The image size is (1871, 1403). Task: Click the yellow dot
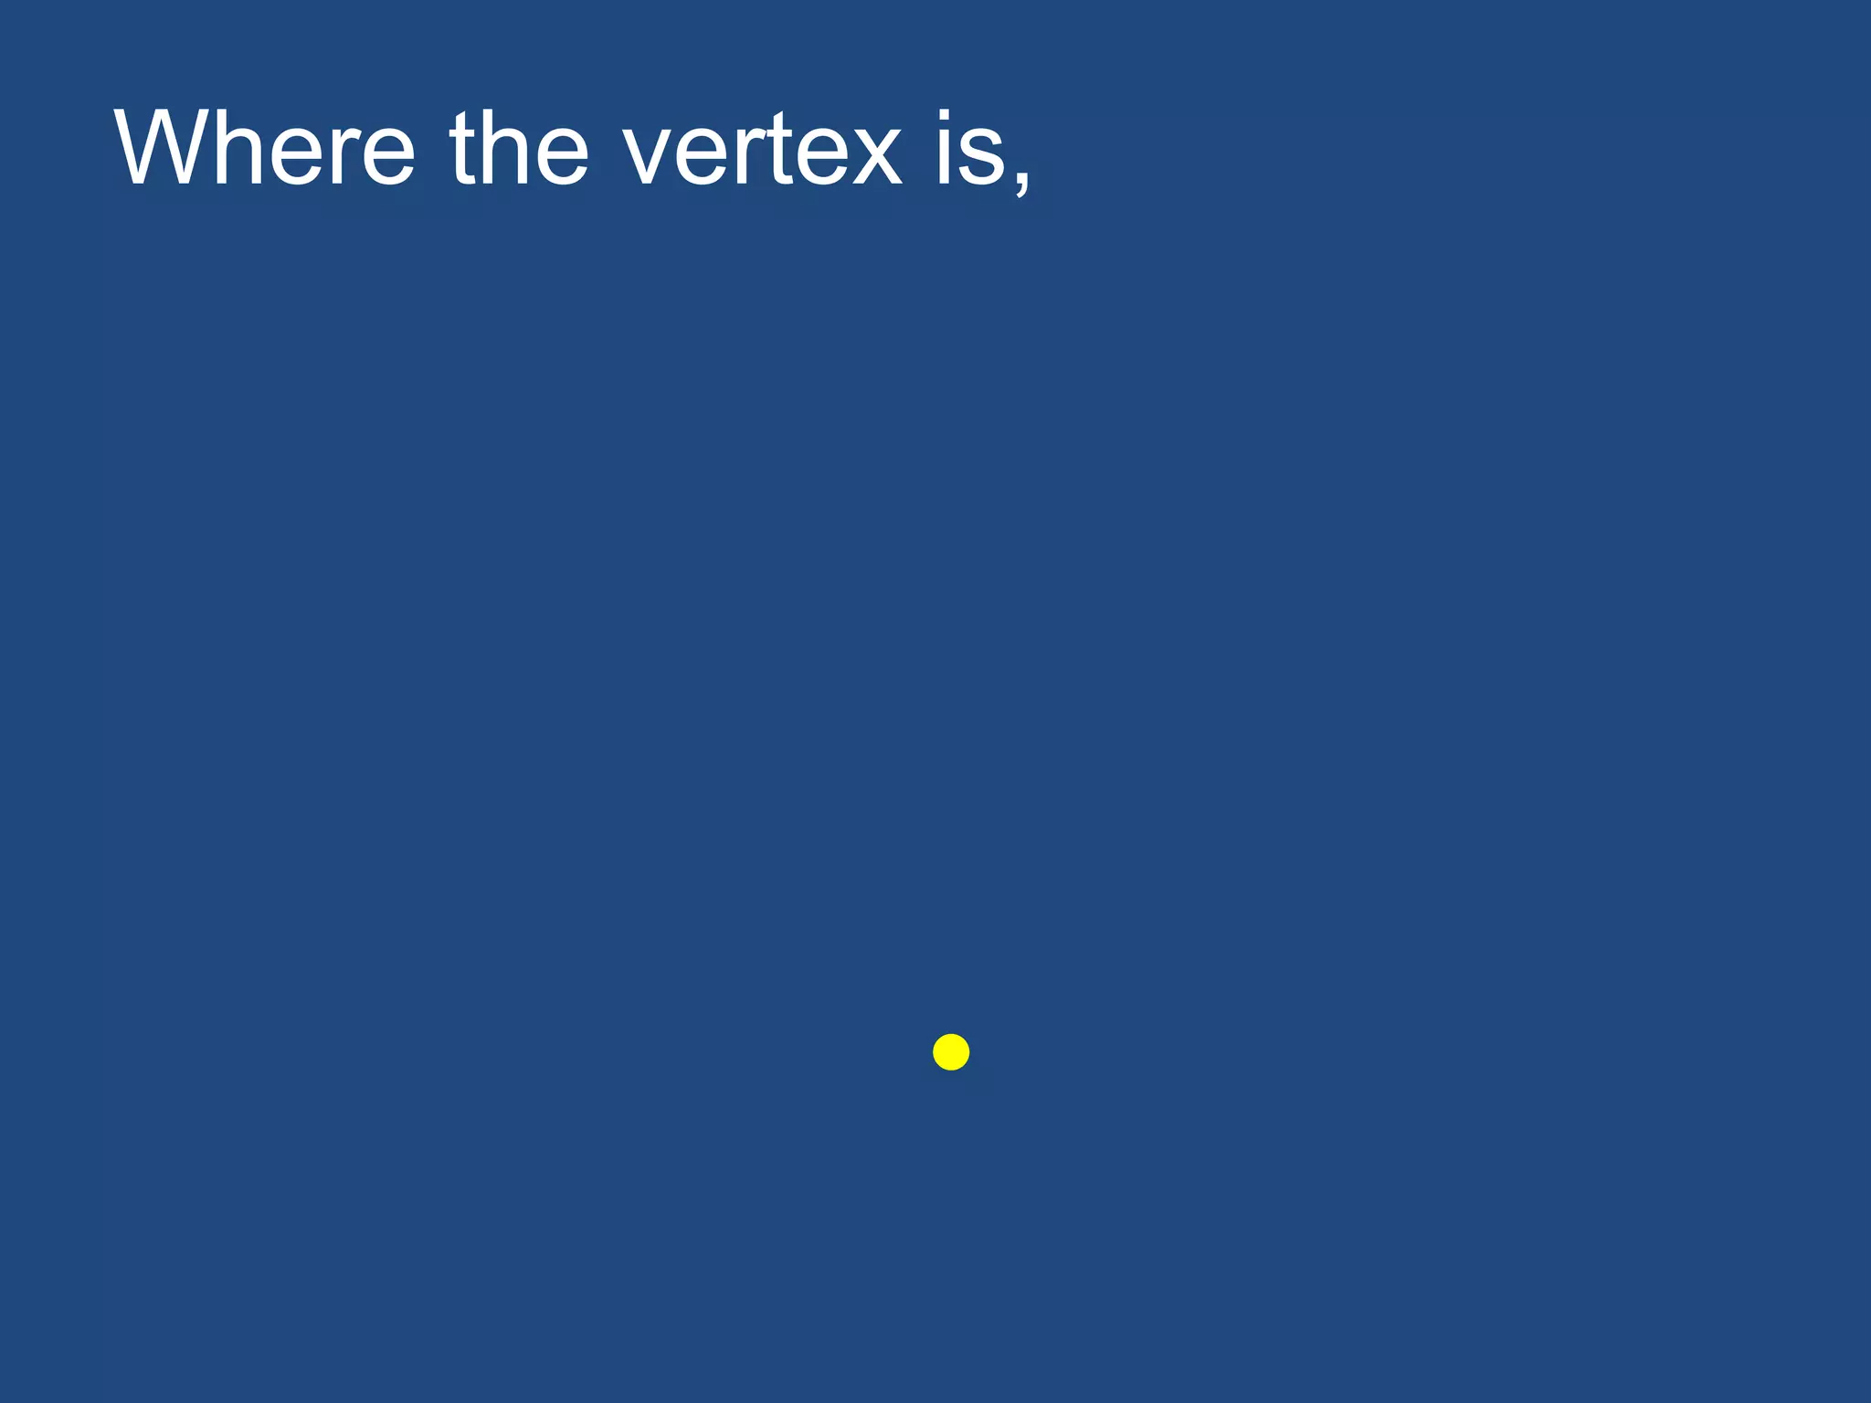(x=951, y=1052)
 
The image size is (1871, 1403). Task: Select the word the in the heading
(x=519, y=148)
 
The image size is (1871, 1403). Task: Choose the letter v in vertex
(x=650, y=153)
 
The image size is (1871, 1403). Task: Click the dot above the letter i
(x=944, y=116)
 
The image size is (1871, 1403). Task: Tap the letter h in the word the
(x=506, y=148)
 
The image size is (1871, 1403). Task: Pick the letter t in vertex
(x=782, y=148)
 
